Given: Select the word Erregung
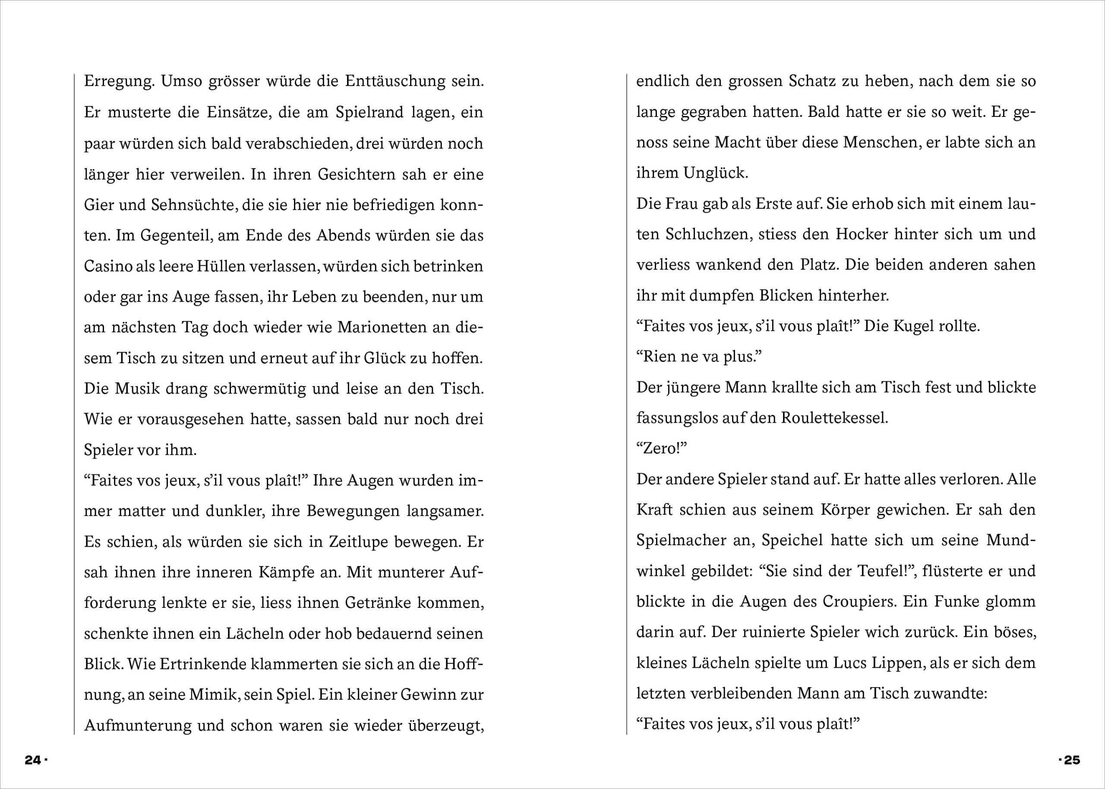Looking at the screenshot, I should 119,81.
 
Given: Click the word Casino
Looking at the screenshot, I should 107,266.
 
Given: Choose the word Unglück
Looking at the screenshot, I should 715,173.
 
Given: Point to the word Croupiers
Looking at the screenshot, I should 859,601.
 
